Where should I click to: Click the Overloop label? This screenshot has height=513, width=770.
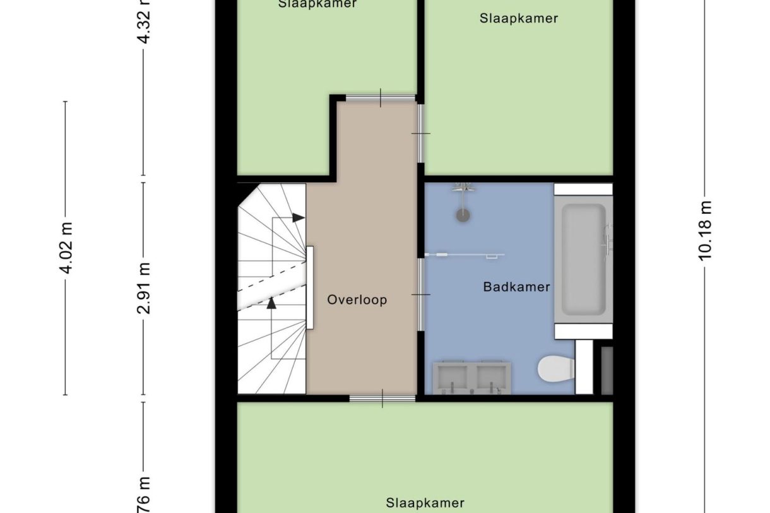click(357, 300)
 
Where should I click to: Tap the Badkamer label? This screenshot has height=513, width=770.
click(516, 287)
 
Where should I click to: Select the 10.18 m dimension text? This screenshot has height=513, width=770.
click(705, 230)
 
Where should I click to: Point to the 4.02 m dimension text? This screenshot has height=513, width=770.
click(66, 247)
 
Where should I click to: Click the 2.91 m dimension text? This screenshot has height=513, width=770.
click(145, 288)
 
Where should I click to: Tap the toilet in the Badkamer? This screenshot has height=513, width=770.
click(555, 368)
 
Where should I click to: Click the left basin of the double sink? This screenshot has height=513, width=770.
click(453, 377)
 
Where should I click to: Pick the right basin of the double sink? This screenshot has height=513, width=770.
click(492, 377)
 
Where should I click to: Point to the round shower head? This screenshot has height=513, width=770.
click(463, 215)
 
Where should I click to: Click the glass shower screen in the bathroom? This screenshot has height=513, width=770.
click(465, 255)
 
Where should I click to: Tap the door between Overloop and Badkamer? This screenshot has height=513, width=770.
click(421, 295)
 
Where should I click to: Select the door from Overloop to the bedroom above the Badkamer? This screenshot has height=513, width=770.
click(421, 133)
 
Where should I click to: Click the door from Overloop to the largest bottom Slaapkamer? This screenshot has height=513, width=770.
click(382, 398)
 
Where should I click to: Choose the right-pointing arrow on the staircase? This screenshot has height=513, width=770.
click(299, 218)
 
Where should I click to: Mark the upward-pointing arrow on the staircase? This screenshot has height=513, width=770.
click(271, 303)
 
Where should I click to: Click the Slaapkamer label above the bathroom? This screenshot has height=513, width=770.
click(518, 18)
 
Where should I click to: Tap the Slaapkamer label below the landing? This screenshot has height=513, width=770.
click(425, 503)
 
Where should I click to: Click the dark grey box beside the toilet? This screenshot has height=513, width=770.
click(607, 370)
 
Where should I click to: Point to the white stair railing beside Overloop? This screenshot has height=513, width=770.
click(310, 288)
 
